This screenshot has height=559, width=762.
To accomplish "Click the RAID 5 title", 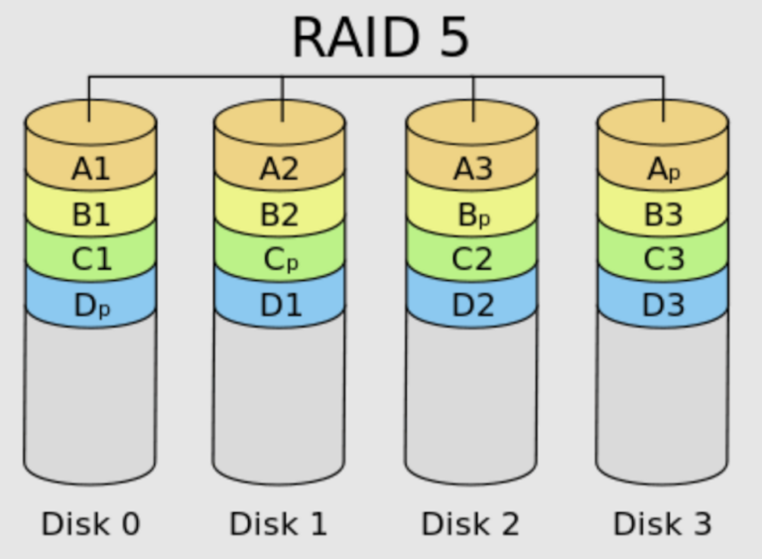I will [380, 37].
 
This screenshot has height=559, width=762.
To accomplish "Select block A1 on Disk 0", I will [90, 169].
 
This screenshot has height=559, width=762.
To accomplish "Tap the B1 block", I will [90, 214].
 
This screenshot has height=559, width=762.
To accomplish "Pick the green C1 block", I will [90, 259].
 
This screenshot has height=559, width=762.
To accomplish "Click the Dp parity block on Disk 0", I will [90, 305].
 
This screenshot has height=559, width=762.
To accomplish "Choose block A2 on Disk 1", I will [280, 169].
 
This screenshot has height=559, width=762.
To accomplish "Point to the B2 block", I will [280, 214].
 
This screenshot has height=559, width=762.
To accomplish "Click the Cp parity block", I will [280, 260].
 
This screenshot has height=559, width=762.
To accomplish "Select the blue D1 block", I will [280, 305].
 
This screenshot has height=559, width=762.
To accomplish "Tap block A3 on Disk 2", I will [472, 169].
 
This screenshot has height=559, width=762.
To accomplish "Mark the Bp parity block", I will [472, 214].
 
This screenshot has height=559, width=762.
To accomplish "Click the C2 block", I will [472, 259].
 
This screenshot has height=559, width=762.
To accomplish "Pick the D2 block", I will [472, 305].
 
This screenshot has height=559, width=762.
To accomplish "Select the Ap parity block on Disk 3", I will [663, 170].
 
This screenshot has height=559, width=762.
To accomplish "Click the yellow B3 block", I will [663, 214].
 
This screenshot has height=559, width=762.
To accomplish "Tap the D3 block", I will [663, 305].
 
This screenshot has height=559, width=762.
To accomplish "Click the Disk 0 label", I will [90, 523].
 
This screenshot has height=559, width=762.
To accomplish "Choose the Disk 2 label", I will [470, 523].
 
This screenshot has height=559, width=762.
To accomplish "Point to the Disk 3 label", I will [662, 523].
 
